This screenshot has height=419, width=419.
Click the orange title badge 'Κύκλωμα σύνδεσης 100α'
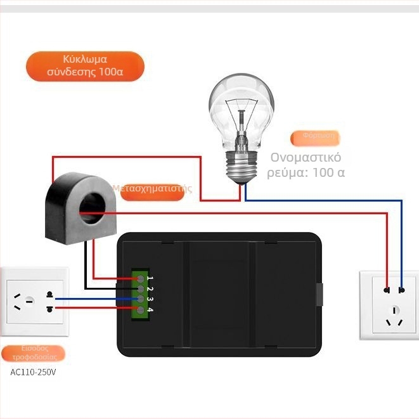point(85,66)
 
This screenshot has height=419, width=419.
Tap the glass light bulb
point(242,108)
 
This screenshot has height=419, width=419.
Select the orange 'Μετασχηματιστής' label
point(152,190)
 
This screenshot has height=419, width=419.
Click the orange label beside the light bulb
point(315,137)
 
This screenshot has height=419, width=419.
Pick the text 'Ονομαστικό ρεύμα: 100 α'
point(306,165)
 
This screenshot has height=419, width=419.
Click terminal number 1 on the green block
point(140,278)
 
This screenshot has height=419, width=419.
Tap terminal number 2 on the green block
point(140,288)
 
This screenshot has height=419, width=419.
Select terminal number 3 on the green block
point(140,299)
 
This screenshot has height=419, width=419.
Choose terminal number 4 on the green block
point(140,309)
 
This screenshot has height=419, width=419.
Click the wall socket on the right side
point(389,304)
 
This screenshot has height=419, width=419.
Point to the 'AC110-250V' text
point(33,372)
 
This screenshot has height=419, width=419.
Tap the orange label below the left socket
point(33,353)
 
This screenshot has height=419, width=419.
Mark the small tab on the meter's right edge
point(319,294)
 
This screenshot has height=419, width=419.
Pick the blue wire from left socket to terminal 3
point(95,299)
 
